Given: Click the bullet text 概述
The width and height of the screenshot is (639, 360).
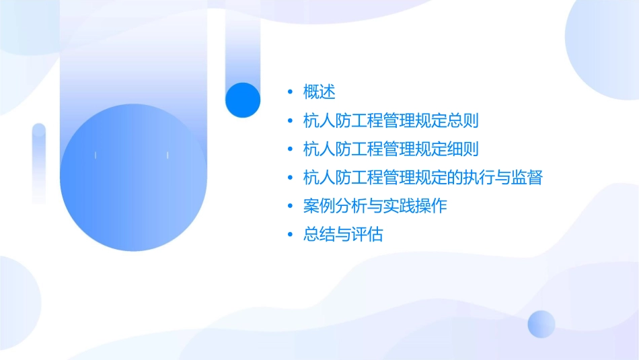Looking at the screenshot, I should pos(319,92).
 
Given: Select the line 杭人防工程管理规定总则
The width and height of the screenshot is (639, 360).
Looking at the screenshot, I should pos(391,121).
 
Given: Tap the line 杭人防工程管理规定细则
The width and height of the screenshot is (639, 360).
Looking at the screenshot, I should pos(391,149).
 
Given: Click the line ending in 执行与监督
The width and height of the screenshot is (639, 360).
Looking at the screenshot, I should pos(423,178).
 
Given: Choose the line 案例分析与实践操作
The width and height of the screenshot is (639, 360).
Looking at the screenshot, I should pos(375,207).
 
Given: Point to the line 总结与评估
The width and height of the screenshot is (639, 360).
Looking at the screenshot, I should pos(343,236).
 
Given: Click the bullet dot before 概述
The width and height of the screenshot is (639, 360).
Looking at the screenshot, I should pos(290,92).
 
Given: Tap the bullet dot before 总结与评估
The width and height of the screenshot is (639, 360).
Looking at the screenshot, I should pos(290,236).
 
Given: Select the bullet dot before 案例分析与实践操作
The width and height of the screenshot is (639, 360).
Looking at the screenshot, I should pos(290,207).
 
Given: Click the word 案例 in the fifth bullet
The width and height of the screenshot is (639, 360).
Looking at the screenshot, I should pos(319,207).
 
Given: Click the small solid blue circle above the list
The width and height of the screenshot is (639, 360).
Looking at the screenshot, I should pos(242,100).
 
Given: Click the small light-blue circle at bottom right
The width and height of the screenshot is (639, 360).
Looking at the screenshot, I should pos(541,324).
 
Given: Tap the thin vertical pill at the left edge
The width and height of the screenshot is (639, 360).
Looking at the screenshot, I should pos(39,163).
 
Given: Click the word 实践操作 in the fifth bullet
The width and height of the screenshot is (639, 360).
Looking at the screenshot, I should pos(415,207).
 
